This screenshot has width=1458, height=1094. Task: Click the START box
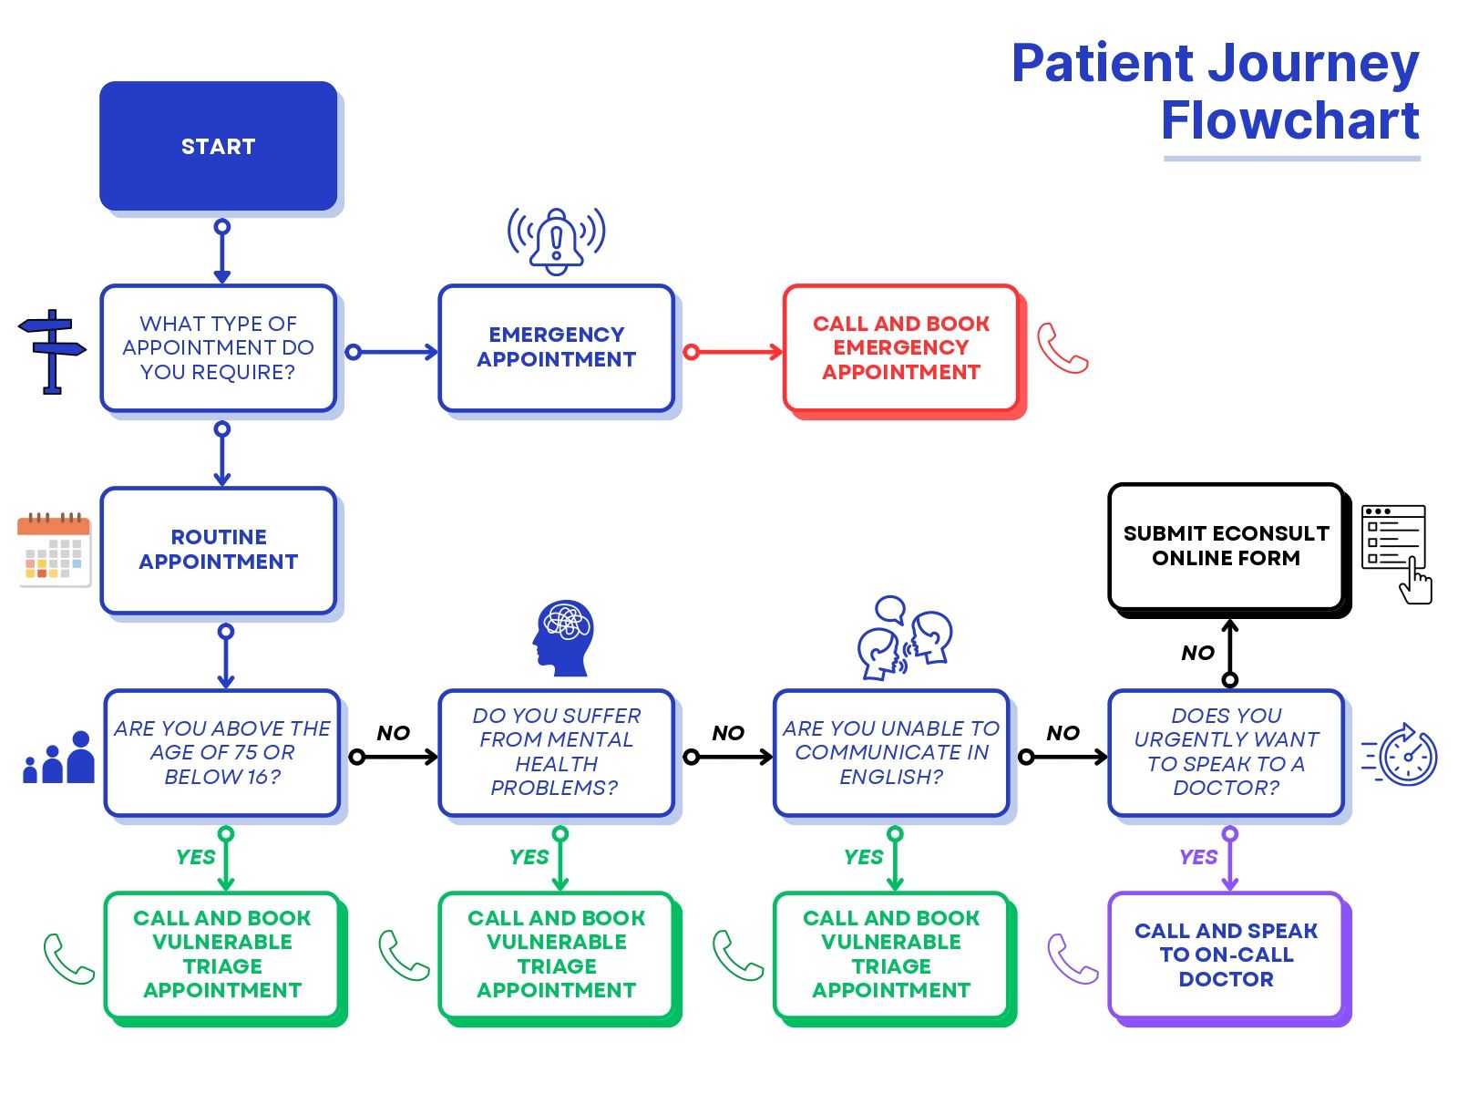coord(218,146)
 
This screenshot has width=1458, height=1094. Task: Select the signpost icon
coord(52,351)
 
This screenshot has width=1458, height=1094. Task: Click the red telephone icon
coord(1063,348)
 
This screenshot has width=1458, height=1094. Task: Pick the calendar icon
coord(54,550)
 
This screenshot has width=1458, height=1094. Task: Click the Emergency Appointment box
coord(556,347)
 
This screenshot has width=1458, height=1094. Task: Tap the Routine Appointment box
coord(218,550)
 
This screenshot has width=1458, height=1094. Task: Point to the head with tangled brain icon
coord(563,637)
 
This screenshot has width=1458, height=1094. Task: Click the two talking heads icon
coord(904,637)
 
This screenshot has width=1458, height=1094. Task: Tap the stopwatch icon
coord(1401,755)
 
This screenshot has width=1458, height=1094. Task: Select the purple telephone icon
coord(1072,958)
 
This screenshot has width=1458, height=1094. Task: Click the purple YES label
coord(1197,857)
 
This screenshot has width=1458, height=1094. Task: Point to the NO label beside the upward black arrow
coord(1197,653)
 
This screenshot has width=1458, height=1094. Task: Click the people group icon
coord(58,757)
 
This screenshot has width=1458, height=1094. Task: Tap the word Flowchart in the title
coord(1290,120)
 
